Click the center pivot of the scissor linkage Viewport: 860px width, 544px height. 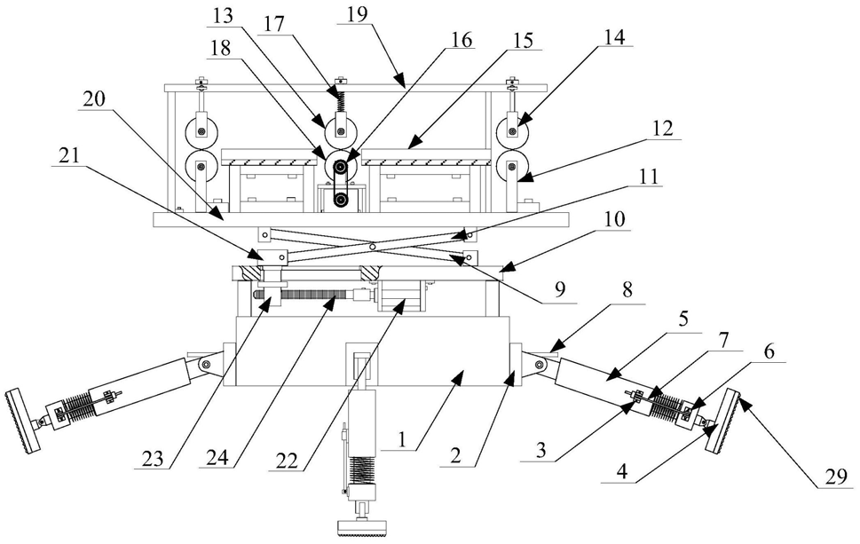(x=372, y=246)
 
